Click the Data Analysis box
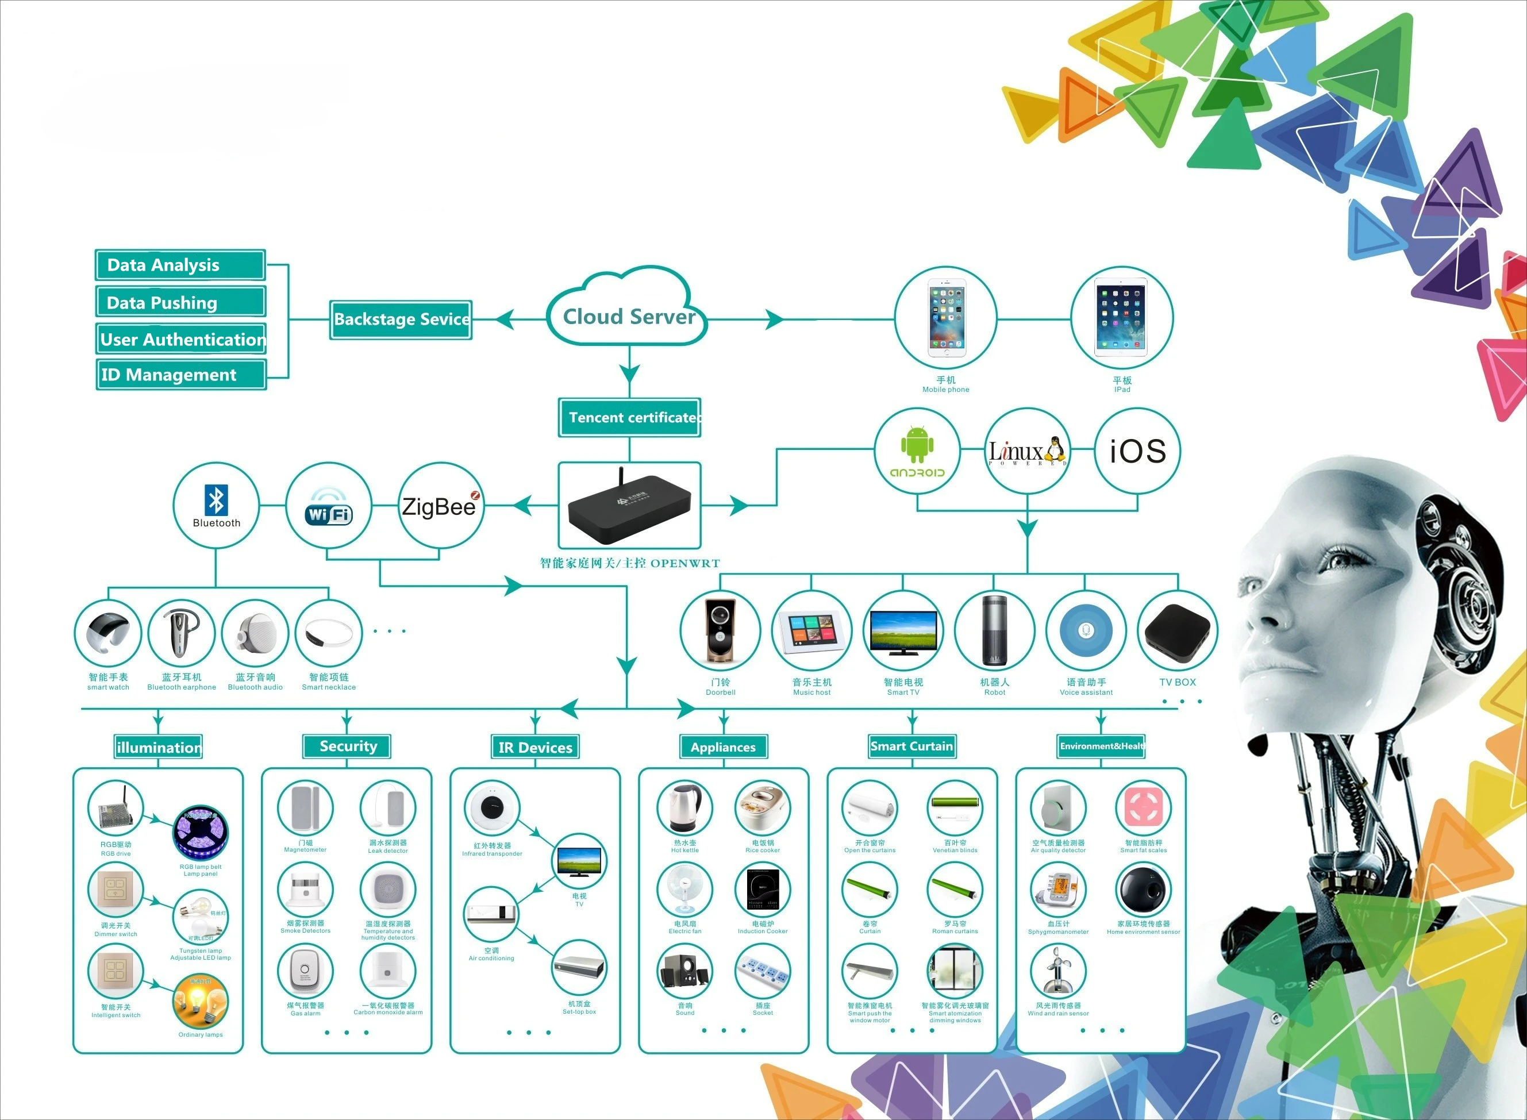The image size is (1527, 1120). click(x=180, y=265)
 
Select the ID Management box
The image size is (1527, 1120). click(x=181, y=375)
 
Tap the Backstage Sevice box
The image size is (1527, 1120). click(x=401, y=320)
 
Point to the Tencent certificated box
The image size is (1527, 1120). click(x=630, y=418)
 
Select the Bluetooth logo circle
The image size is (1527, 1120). click(x=216, y=505)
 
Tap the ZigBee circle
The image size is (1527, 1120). click(x=440, y=506)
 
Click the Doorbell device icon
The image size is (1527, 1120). click(x=720, y=630)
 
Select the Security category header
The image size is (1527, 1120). click(x=347, y=746)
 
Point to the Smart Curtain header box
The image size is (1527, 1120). click(x=911, y=746)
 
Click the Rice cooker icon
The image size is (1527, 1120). click(x=763, y=807)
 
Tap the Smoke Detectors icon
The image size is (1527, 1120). click(x=305, y=890)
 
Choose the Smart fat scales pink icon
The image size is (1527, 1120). click(x=1143, y=807)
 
